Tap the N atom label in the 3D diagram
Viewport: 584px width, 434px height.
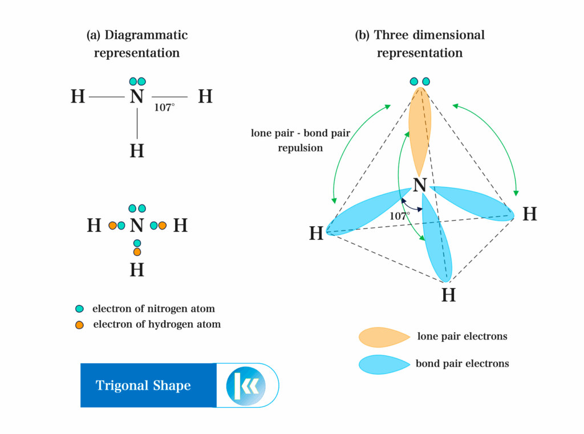click(x=420, y=185)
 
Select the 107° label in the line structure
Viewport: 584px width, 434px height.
click(x=164, y=107)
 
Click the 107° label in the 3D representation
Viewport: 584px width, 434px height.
click(x=399, y=216)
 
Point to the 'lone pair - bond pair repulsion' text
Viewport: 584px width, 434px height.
click(x=301, y=140)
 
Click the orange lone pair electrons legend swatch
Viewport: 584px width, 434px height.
click(x=383, y=337)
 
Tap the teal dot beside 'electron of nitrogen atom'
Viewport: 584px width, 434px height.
click(x=80, y=309)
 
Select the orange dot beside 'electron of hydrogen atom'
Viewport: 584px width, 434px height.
click(x=80, y=325)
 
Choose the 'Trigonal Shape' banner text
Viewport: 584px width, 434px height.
click(x=143, y=386)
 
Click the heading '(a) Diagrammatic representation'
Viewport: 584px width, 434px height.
click(x=137, y=44)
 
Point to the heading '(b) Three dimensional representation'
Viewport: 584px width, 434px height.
click(x=419, y=44)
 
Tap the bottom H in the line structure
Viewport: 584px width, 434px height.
click(x=137, y=151)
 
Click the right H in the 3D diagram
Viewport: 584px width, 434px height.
click(x=530, y=214)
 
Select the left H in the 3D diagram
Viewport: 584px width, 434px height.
click(x=317, y=234)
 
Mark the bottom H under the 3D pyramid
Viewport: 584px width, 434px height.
click(x=449, y=296)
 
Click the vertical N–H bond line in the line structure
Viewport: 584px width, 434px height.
click(x=137, y=122)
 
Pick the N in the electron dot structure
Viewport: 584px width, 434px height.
click(x=136, y=226)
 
